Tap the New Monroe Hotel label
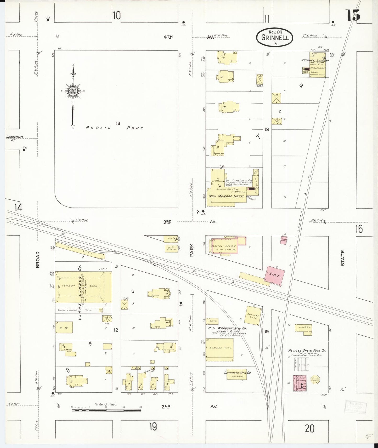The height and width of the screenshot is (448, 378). pos(226,196)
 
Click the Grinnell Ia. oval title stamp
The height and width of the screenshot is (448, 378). pos(275,37)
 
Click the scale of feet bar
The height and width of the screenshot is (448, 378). pos(106,410)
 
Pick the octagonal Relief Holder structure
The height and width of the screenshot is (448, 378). pos(315,380)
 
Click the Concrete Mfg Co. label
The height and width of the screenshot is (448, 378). pos(238,373)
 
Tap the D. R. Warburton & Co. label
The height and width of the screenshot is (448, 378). pos(227,328)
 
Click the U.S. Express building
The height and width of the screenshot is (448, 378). pos(171,249)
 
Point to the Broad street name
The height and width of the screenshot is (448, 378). pos(38,260)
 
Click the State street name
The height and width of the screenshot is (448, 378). pos(343,258)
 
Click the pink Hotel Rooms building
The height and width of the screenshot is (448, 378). pos(225,246)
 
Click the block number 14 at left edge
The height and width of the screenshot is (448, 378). pos(18,207)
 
